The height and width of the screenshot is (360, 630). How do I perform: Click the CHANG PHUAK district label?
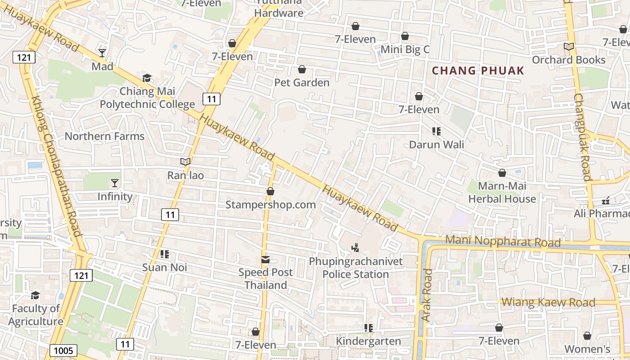[478, 71]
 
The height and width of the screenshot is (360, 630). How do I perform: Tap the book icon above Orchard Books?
[569, 46]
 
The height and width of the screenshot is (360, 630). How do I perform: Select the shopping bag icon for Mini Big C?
[405, 36]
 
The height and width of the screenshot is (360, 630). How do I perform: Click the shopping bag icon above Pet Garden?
[302, 69]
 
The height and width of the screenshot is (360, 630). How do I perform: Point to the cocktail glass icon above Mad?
[103, 53]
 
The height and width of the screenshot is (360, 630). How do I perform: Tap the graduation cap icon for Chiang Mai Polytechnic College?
[147, 78]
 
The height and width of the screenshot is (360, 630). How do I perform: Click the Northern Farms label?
[104, 136]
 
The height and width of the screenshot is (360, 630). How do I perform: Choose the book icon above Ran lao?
[185, 162]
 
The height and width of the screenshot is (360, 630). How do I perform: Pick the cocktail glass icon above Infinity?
[115, 183]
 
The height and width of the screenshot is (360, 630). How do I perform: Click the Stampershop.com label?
[270, 205]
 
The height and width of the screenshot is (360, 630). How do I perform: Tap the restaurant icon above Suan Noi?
[165, 254]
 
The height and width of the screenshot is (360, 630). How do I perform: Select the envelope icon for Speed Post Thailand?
[265, 260]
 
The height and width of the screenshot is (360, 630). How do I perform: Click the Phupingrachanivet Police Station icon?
[355, 247]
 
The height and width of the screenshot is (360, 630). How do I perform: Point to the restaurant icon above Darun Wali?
[436, 131]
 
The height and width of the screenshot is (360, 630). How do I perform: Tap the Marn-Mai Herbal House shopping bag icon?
[502, 173]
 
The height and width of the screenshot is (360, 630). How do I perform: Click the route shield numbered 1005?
[63, 351]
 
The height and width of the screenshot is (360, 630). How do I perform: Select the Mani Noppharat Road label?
[503, 241]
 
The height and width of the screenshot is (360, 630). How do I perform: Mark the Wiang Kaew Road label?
[548, 302]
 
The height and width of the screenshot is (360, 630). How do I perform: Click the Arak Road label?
[427, 295]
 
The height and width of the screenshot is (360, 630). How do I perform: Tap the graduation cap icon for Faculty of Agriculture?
[35, 295]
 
